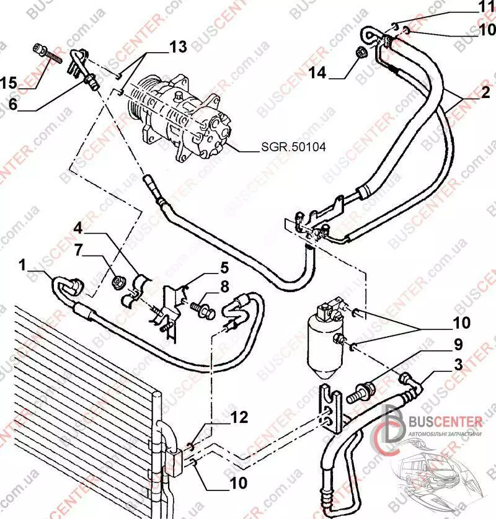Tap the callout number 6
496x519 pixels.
[12, 106]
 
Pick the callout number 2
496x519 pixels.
[484, 93]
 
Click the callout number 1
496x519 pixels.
[23, 266]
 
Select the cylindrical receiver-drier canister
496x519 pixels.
[324, 338]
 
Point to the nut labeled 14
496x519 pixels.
[361, 54]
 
